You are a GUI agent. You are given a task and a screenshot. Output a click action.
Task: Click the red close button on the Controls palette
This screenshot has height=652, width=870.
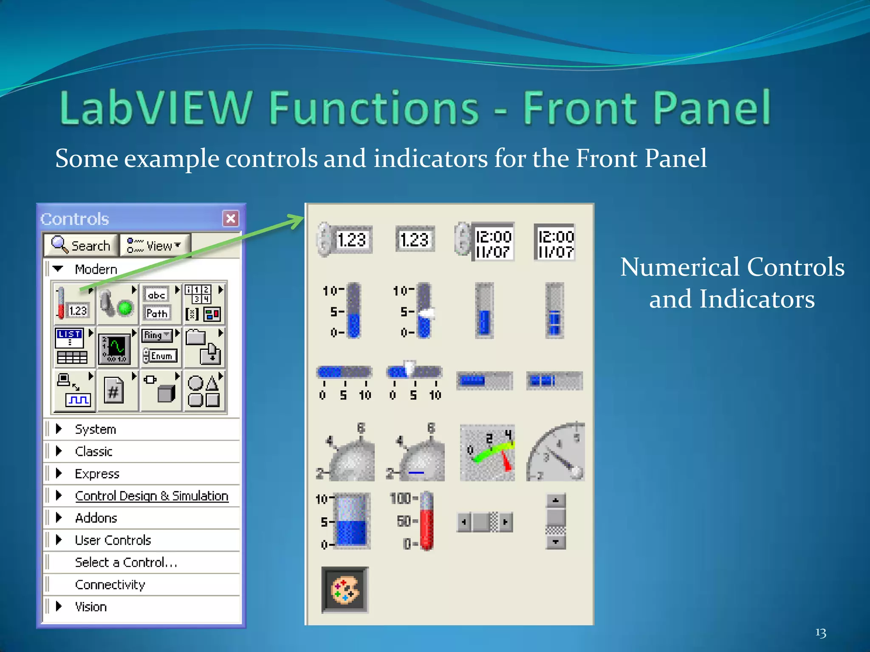231,219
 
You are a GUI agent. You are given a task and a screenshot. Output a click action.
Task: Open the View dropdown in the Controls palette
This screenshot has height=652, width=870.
155,245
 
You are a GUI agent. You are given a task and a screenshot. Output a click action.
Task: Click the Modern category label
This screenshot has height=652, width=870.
96,269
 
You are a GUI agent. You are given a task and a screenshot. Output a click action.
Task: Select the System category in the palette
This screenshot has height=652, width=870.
95,429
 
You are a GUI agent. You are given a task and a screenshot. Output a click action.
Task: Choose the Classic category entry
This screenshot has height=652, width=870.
93,451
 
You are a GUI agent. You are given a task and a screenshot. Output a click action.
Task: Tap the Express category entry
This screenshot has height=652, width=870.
97,474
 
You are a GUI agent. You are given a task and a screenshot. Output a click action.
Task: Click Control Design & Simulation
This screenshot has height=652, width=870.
152,496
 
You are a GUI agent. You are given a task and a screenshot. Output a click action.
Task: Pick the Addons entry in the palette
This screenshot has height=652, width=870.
96,518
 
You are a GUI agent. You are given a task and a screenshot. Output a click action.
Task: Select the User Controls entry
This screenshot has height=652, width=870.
113,540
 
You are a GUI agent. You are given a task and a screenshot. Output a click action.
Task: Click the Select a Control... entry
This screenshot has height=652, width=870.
126,562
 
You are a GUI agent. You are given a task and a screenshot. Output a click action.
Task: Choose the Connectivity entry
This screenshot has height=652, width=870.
110,585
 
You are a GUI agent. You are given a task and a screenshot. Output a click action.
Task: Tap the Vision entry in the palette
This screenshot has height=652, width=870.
90,607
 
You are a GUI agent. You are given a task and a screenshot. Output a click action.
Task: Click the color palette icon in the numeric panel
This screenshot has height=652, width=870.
345,590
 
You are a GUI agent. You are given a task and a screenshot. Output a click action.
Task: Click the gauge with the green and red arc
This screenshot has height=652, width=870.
488,453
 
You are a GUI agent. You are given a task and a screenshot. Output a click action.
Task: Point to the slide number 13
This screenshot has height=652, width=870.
821,633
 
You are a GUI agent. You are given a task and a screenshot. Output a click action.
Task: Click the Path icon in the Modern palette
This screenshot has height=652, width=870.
157,313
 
